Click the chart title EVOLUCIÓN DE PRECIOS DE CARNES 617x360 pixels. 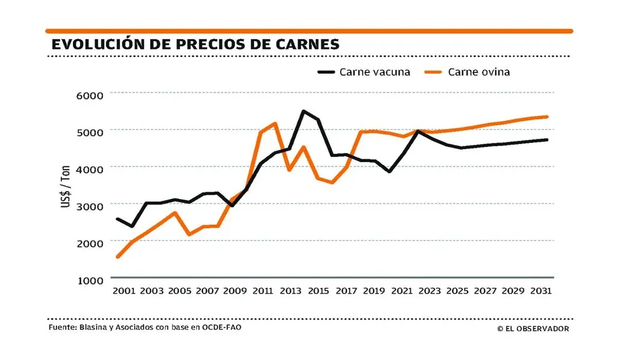[x=195, y=44]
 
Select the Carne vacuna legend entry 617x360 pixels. [x=365, y=72]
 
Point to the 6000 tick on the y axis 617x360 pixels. [x=90, y=95]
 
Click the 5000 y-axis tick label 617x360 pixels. [x=90, y=131]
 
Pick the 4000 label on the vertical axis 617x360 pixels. [x=90, y=168]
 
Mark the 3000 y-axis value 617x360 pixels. [x=90, y=205]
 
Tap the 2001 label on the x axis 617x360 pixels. [x=124, y=291]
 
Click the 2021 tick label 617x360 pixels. [x=401, y=291]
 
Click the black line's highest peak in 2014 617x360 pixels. [x=303, y=111]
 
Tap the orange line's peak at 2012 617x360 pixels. [x=275, y=124]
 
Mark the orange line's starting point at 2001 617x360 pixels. [x=117, y=257]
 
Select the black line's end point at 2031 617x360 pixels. [x=547, y=140]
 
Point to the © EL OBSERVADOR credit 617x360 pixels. [x=533, y=329]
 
